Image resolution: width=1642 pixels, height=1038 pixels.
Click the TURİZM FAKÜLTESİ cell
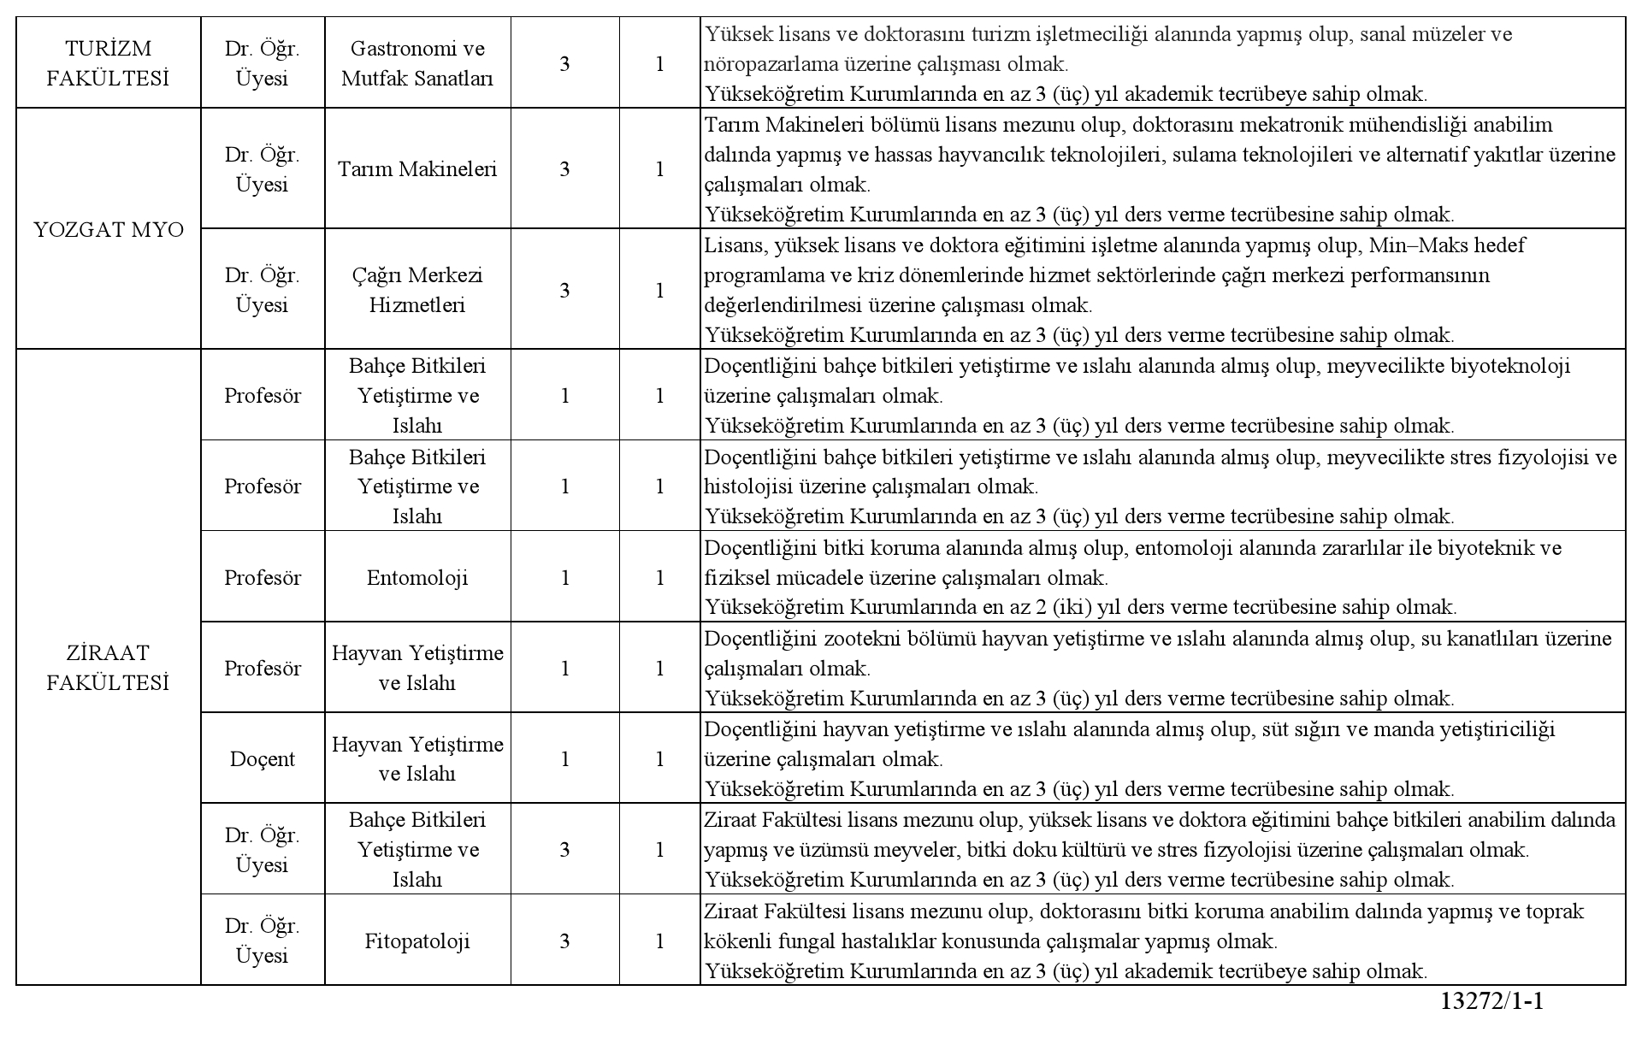tap(108, 63)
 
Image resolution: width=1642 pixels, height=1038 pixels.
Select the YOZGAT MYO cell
tap(109, 229)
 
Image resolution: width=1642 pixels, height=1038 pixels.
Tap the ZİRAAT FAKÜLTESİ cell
tap(108, 668)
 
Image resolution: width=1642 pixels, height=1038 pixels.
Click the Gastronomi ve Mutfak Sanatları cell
tap(417, 63)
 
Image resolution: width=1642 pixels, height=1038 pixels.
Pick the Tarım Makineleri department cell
tap(417, 168)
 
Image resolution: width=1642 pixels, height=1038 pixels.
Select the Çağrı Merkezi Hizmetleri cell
tap(417, 290)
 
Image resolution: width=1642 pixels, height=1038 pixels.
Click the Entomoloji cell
tap(417, 577)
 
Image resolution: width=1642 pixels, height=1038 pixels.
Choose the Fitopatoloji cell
tap(417, 941)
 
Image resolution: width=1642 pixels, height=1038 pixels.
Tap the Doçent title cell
tap(262, 758)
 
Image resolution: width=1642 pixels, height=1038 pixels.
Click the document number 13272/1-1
tap(1491, 1001)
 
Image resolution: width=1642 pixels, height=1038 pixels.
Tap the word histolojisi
tap(748, 487)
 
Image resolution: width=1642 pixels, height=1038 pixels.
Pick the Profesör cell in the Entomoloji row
tap(262, 577)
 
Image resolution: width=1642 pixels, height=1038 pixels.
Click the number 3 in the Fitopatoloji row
tap(564, 941)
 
